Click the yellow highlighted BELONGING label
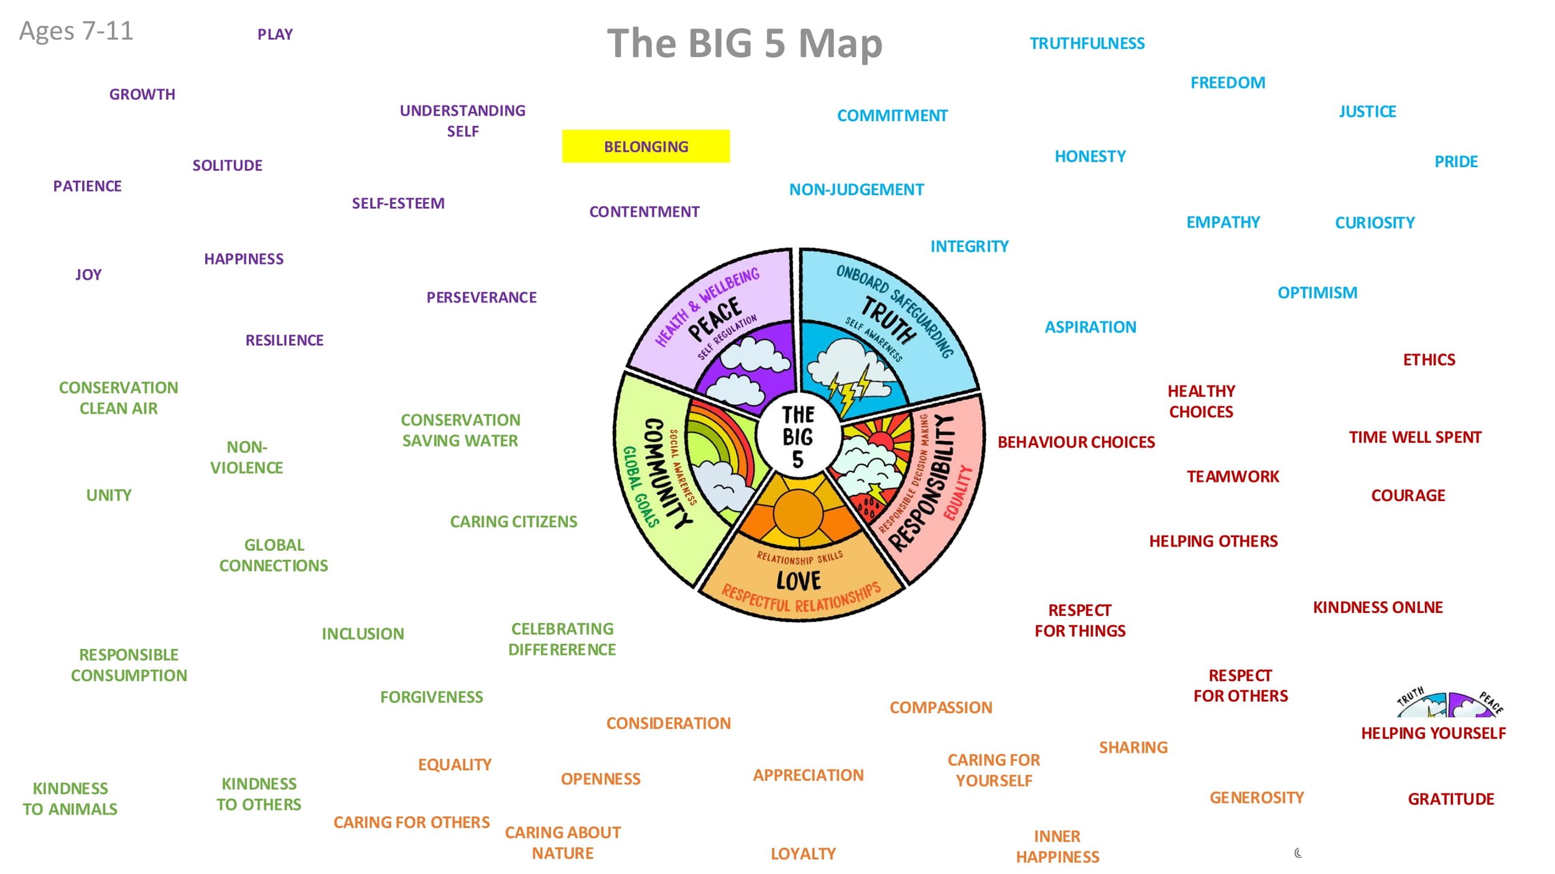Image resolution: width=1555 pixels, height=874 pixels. click(646, 147)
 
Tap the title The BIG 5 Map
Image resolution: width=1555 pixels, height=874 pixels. click(745, 44)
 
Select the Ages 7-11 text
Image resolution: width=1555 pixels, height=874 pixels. click(76, 31)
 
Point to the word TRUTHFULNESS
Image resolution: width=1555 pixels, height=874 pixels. click(1087, 44)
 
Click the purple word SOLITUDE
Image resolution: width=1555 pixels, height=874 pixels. click(227, 165)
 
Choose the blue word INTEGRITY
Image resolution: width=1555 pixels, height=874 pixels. click(969, 247)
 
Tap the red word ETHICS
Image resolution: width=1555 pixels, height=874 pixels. click(1429, 360)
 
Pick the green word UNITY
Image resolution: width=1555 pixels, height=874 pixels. click(109, 495)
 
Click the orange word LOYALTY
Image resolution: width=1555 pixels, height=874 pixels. click(803, 853)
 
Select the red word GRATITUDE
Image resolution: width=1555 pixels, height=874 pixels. click(1451, 799)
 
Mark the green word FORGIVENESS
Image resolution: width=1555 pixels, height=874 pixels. click(431, 697)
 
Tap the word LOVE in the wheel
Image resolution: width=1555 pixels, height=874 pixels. click(799, 581)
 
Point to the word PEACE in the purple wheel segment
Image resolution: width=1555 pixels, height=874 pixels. click(715, 319)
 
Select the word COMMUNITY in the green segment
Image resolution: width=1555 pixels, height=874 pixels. click(667, 472)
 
